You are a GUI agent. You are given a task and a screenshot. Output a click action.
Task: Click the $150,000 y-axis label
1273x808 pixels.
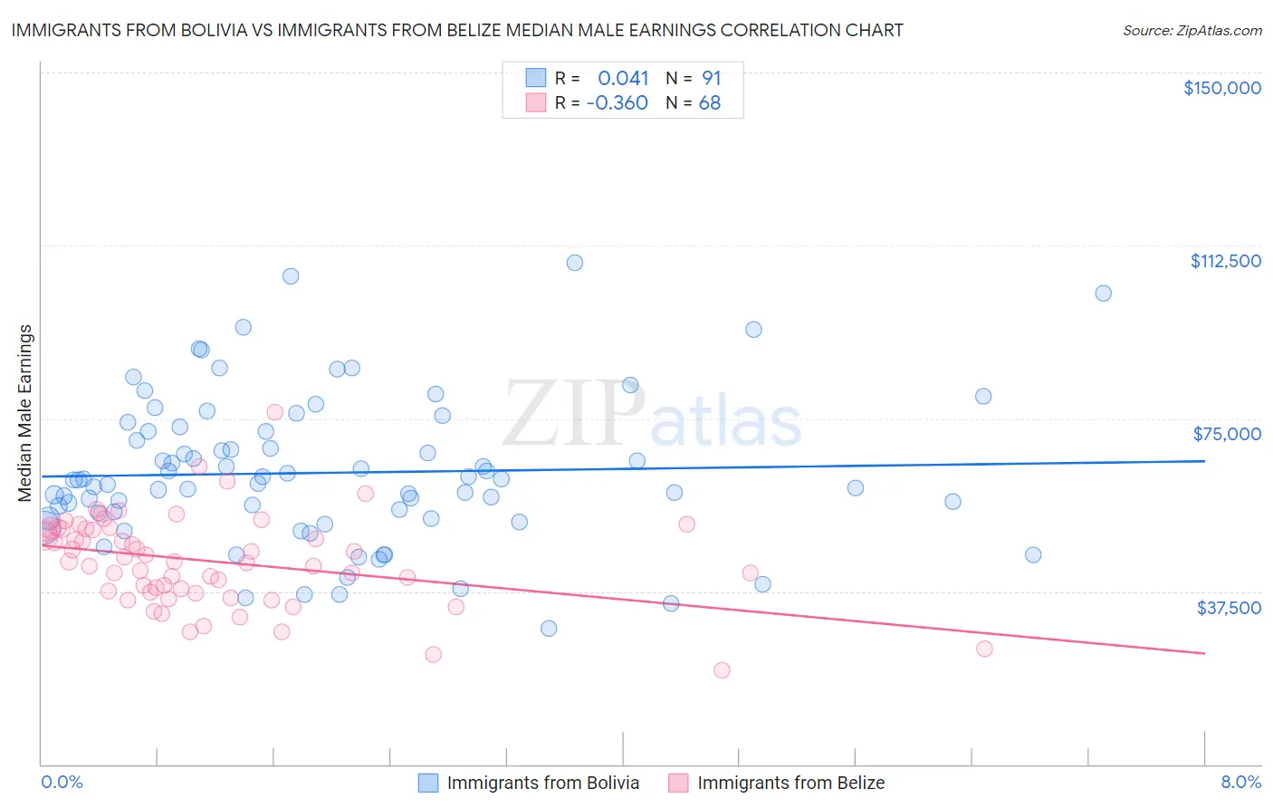pyautogui.click(x=1221, y=88)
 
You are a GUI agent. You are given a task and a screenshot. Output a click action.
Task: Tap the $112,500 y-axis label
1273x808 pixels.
pyautogui.click(x=1225, y=261)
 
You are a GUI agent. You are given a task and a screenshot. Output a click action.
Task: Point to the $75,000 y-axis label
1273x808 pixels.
pyautogui.click(x=1226, y=434)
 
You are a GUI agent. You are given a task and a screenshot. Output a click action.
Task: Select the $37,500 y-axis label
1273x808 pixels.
pyautogui.click(x=1228, y=608)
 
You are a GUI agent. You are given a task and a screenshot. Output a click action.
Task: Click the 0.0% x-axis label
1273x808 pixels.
pyautogui.click(x=62, y=782)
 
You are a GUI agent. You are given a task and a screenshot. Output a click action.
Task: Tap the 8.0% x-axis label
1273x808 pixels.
pyautogui.click(x=1240, y=782)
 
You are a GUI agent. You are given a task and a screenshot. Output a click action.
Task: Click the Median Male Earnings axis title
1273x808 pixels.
pyautogui.click(x=25, y=413)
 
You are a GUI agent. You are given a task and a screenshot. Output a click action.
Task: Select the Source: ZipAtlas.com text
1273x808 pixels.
pyautogui.click(x=1192, y=30)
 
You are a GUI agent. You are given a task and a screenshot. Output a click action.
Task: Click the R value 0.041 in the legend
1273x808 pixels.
pyautogui.click(x=623, y=79)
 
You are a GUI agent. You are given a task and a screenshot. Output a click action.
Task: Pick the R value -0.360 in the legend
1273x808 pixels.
pyautogui.click(x=617, y=103)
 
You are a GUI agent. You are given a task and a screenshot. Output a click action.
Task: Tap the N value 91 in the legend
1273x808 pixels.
pyautogui.click(x=711, y=79)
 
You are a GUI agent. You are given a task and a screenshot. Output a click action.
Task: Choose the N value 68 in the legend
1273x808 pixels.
pyautogui.click(x=710, y=103)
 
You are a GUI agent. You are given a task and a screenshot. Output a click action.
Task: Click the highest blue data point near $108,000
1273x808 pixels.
pyautogui.click(x=574, y=263)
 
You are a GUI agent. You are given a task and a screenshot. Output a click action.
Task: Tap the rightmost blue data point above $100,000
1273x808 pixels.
pyautogui.click(x=1103, y=293)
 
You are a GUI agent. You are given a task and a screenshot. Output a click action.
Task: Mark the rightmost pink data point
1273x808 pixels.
pyautogui.click(x=984, y=649)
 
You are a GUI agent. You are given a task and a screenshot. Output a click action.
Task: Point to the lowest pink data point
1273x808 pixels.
pyautogui.click(x=722, y=670)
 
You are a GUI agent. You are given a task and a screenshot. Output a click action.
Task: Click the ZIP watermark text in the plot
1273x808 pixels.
pyautogui.click(x=574, y=415)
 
